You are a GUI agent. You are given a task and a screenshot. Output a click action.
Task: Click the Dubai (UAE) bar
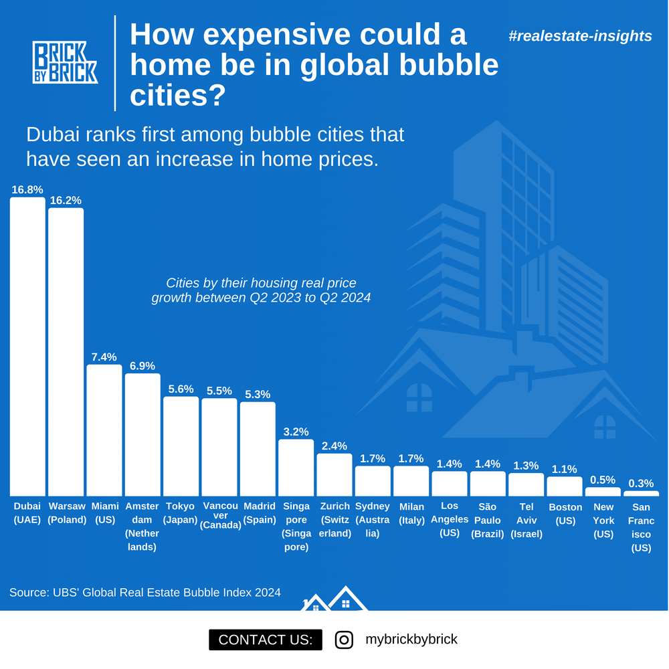pos(27,347)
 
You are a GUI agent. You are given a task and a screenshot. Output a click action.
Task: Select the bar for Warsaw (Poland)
pos(66,352)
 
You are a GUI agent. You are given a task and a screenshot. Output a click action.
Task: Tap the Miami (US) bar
pos(104,430)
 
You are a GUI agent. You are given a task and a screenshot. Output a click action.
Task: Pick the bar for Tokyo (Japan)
pos(181,446)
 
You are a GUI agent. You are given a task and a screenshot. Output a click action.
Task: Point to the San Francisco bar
pos(642,494)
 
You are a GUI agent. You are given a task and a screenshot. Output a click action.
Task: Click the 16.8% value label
pos(27,190)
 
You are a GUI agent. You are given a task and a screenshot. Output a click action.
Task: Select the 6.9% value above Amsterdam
pos(142,366)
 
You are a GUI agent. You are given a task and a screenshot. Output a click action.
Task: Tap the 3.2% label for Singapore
pos(296,432)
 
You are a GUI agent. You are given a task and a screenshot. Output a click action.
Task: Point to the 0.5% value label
pos(603,480)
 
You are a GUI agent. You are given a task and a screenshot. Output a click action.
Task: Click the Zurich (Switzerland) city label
pos(335,520)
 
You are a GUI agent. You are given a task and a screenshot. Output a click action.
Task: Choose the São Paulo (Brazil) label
pos(488,520)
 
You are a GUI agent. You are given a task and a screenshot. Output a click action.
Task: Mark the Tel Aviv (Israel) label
pos(527,520)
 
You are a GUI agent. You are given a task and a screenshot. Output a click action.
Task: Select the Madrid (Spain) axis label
pos(260,513)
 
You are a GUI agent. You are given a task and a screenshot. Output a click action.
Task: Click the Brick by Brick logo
pos(66,62)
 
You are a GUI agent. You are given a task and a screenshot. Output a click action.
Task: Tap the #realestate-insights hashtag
pos(580,36)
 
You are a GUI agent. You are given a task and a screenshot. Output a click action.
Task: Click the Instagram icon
pos(344,640)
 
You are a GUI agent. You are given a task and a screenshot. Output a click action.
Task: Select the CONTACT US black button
pos(266,640)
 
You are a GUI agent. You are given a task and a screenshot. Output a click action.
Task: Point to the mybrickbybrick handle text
pos(411,639)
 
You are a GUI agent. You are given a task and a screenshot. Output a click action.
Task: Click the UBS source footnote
pos(145,593)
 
